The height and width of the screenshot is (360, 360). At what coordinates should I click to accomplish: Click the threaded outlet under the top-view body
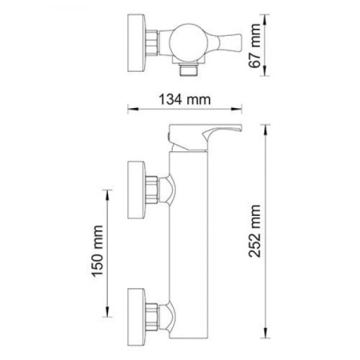[189, 70]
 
